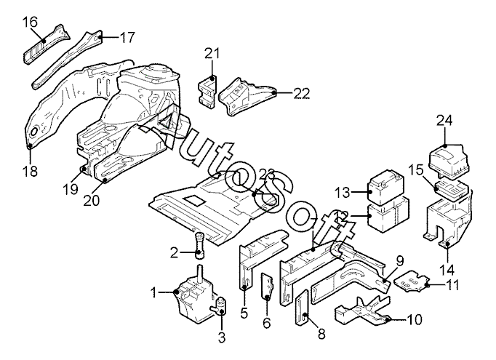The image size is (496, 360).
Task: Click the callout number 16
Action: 30,22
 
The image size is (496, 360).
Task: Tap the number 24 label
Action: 445,121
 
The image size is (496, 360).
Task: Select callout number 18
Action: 30,171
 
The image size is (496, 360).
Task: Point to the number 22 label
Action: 302,93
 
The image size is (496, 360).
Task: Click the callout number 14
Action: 447,271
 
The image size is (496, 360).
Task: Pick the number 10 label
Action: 415,319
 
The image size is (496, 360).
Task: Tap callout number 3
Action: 222,337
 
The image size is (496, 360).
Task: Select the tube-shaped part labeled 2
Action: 200,246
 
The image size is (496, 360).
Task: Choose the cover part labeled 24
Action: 448,158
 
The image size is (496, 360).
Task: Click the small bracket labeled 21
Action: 208,91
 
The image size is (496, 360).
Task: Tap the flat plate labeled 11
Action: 413,281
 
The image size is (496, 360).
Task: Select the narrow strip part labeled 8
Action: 302,307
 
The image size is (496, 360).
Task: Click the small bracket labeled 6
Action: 267,287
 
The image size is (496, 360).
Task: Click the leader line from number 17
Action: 109,37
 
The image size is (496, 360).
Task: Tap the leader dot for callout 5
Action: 244,287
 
